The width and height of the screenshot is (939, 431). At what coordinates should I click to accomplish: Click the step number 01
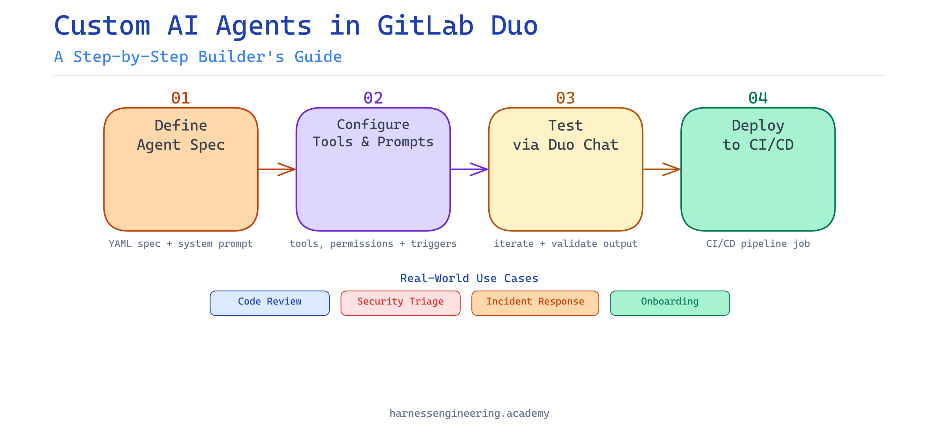point(180,98)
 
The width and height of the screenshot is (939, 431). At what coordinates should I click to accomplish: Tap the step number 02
point(373,98)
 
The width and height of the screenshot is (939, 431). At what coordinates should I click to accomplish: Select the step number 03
point(565,98)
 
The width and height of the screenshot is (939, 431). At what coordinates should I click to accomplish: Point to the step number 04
point(758,98)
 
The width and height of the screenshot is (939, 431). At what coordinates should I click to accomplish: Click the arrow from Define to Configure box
point(277,169)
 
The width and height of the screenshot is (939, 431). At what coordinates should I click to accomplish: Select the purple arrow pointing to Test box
point(469,169)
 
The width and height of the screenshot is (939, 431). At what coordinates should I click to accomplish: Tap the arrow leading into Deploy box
point(662,169)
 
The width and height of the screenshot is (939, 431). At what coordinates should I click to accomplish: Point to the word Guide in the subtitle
point(318,57)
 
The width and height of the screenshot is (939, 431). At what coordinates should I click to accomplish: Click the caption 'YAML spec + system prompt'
point(180,244)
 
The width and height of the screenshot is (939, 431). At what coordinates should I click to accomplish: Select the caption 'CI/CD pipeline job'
point(758,244)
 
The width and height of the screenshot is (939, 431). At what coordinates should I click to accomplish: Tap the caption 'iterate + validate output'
point(565,244)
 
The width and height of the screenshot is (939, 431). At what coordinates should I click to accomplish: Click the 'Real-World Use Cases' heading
point(469,278)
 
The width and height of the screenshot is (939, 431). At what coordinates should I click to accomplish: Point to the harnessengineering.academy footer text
point(469,413)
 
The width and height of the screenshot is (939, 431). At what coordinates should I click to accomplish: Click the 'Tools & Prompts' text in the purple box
point(373,142)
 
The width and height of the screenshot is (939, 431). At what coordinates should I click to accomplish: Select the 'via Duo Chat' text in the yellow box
point(565,145)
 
